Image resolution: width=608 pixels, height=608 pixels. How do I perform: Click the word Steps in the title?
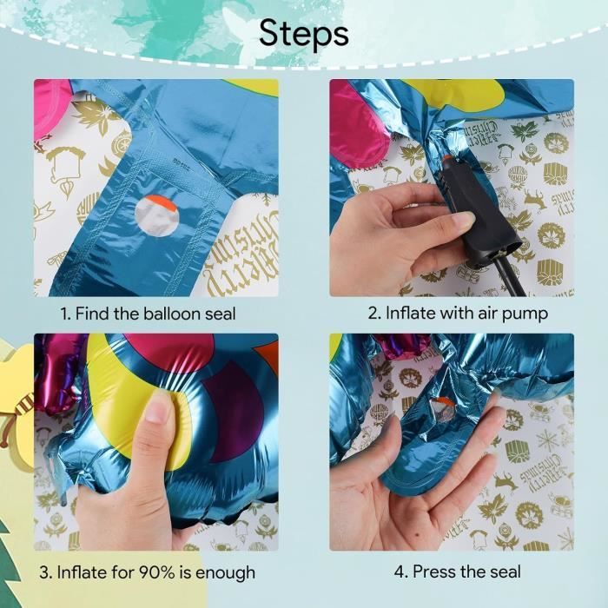(304, 34)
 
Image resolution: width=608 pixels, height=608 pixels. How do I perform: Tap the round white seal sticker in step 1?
(156, 216)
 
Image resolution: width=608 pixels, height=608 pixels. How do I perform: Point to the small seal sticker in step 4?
(443, 409)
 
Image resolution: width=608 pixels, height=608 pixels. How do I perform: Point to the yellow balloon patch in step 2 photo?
(458, 94)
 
